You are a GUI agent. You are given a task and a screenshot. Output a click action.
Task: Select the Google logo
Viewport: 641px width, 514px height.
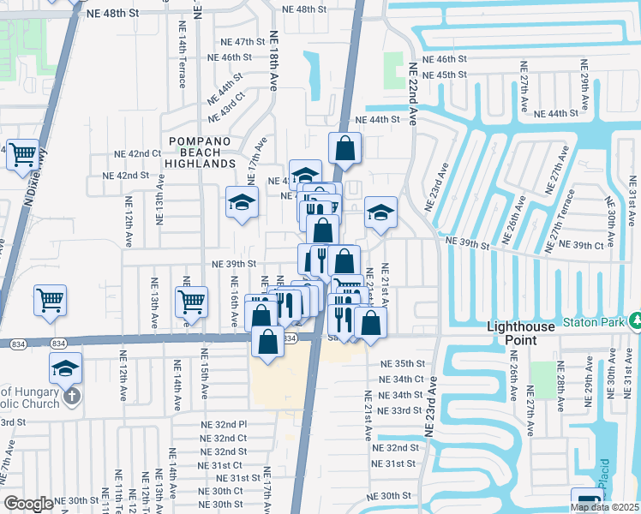(x=28, y=504)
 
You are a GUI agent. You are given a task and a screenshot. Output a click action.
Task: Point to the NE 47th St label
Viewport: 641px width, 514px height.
(x=238, y=41)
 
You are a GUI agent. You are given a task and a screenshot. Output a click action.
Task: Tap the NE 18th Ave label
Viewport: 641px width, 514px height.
(x=274, y=61)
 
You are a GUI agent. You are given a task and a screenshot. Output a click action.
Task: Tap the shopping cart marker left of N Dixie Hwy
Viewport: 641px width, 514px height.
(x=23, y=155)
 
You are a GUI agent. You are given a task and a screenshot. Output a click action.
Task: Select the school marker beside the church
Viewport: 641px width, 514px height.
(x=65, y=368)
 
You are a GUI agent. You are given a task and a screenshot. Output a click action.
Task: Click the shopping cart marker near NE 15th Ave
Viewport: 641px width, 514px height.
(x=191, y=301)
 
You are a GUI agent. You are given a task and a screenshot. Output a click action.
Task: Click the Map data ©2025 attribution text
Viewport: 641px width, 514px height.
(x=604, y=507)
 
